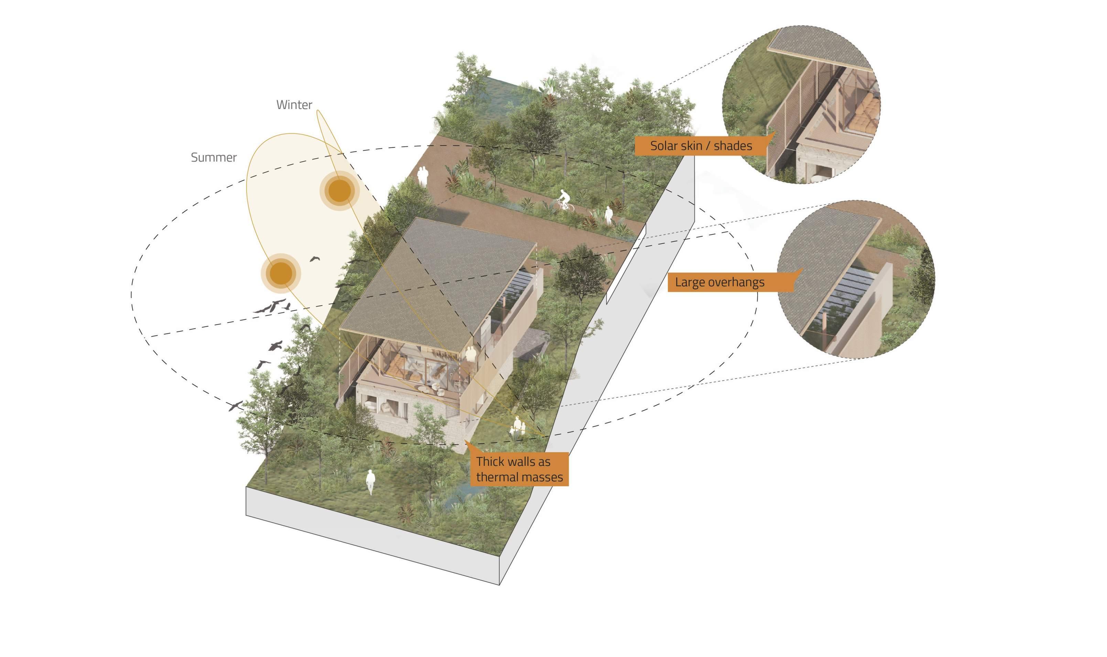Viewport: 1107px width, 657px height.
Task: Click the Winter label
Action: (294, 105)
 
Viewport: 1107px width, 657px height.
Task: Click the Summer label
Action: (214, 157)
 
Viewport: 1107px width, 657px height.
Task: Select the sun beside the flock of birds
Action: (281, 273)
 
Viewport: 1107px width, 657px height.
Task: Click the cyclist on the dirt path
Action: (563, 201)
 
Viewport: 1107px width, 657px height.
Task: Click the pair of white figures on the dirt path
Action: (423, 176)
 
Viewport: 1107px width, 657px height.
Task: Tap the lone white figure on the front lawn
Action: (370, 482)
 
